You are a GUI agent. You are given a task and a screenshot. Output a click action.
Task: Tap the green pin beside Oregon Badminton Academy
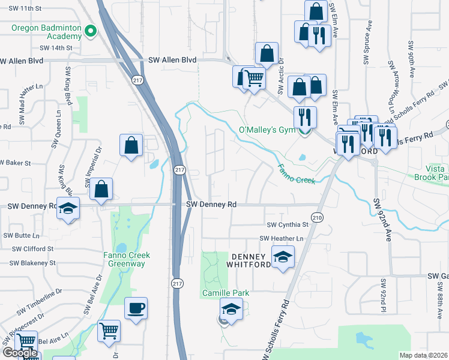coord(91,31)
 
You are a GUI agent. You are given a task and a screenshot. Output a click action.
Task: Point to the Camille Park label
coord(225,293)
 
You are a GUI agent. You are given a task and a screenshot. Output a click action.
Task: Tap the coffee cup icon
coord(136,308)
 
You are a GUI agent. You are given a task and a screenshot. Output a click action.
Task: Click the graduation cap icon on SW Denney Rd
coord(68,208)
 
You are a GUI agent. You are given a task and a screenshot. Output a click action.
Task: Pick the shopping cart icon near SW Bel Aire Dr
coord(109,331)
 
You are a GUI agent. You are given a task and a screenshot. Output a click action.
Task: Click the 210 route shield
coord(317,217)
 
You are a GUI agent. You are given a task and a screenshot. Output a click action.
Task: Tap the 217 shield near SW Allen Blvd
coord(138,79)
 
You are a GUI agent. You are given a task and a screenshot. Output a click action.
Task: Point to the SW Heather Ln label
coord(282,239)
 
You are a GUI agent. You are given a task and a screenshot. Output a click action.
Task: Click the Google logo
coord(20,353)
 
